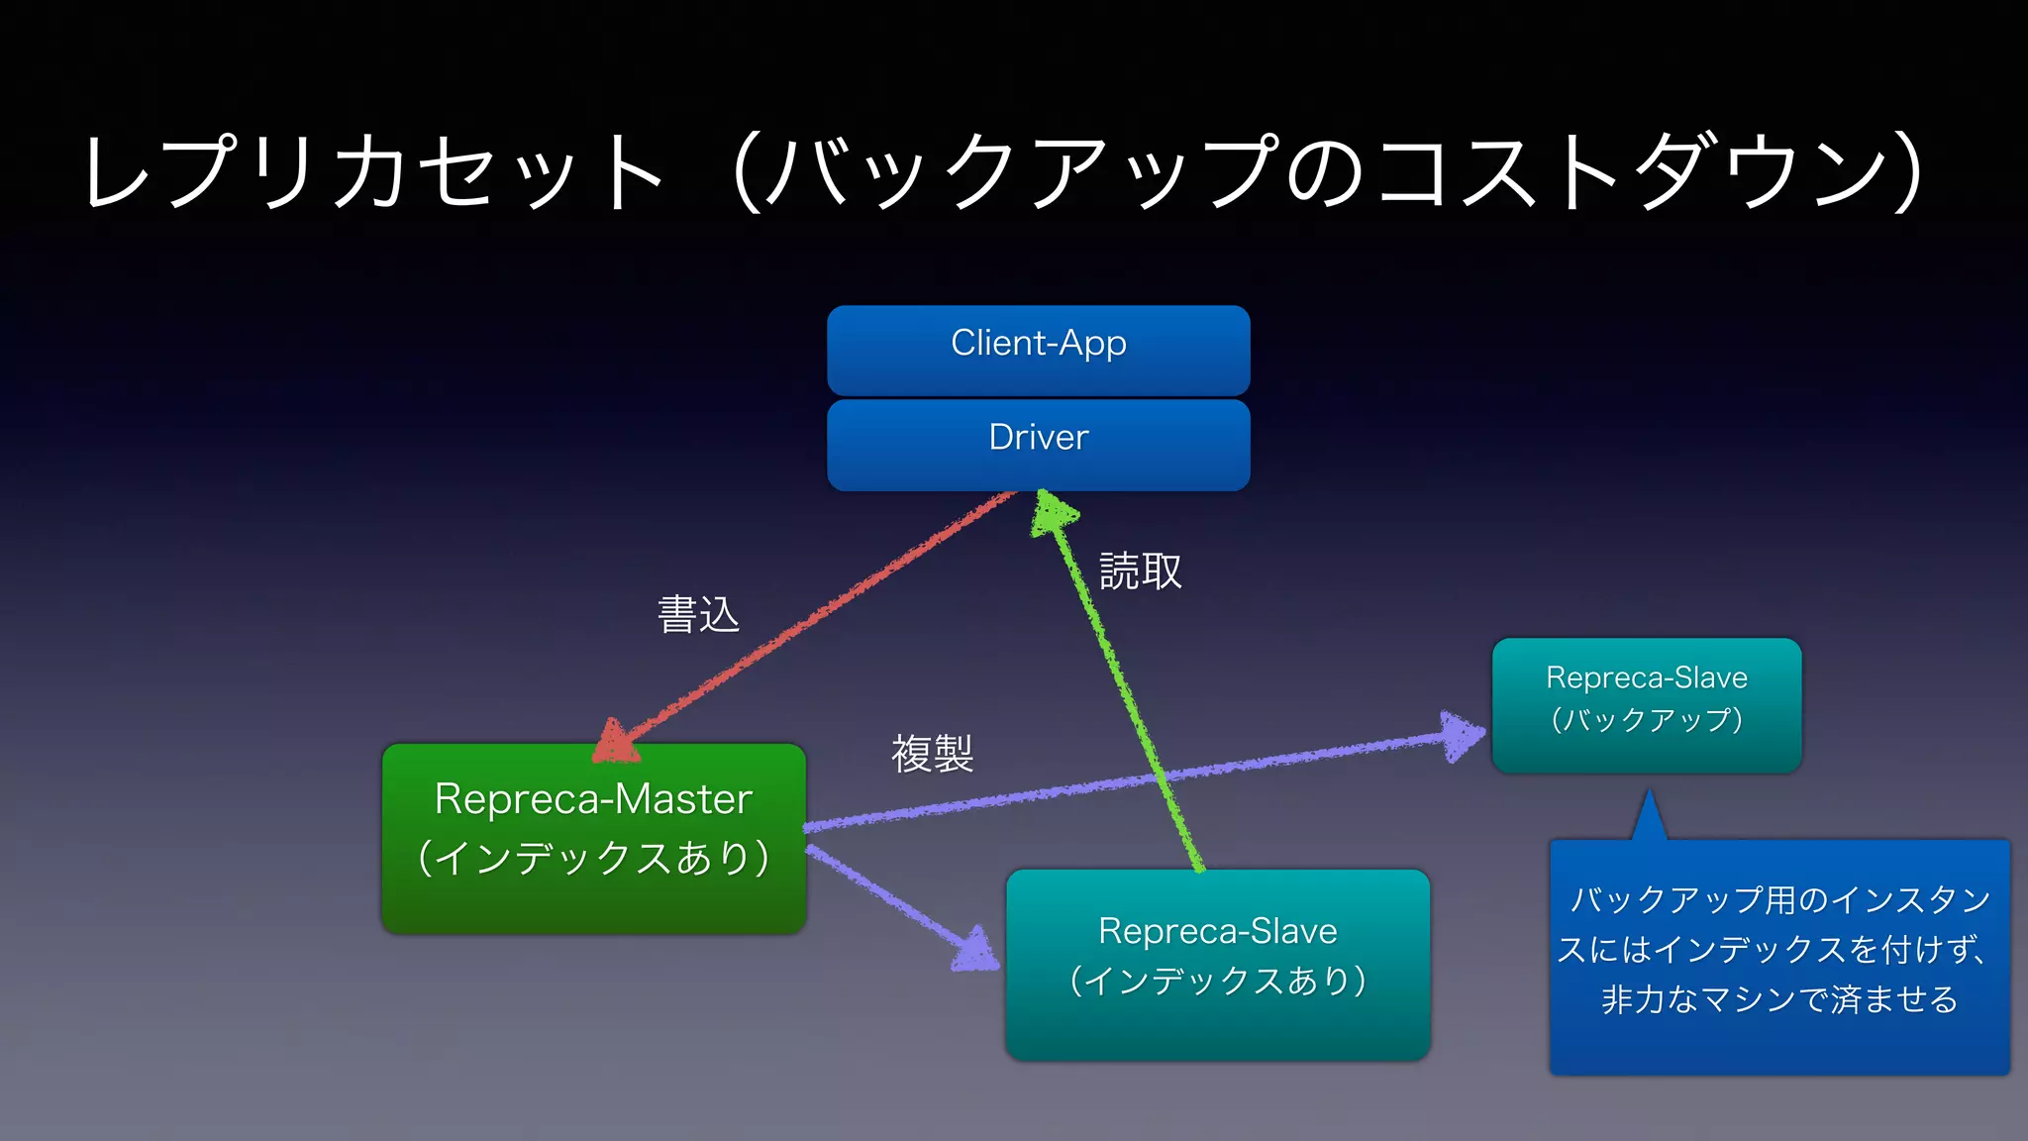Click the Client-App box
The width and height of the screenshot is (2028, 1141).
pyautogui.click(x=1038, y=349)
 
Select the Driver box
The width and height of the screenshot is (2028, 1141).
pyautogui.click(x=1038, y=443)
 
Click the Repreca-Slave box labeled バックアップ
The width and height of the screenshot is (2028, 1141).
pyautogui.click(x=1646, y=703)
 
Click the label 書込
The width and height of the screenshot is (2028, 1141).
pyautogui.click(x=698, y=615)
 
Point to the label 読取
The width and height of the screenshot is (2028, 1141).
pyautogui.click(x=1140, y=571)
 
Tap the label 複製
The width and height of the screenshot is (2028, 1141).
pyautogui.click(x=932, y=754)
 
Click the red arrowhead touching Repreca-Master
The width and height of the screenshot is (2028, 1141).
pyautogui.click(x=616, y=743)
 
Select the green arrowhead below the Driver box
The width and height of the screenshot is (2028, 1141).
pyautogui.click(x=1052, y=513)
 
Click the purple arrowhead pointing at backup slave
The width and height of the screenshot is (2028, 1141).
pyautogui.click(x=1462, y=736)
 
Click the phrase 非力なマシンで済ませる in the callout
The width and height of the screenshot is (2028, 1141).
pyautogui.click(x=1778, y=998)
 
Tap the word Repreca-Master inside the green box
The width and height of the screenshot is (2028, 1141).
pyautogui.click(x=593, y=799)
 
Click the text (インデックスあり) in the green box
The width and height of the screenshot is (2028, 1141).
pyautogui.click(x=593, y=858)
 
